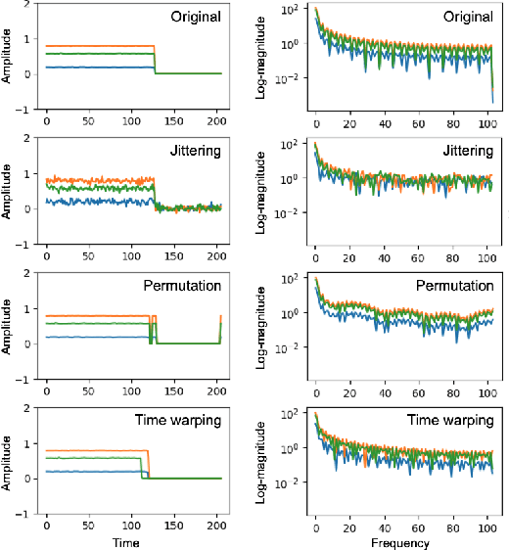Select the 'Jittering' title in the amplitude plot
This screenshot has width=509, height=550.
(x=194, y=152)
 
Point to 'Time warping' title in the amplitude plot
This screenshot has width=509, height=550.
(x=183, y=421)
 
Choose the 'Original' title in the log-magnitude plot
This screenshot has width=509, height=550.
(x=467, y=17)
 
